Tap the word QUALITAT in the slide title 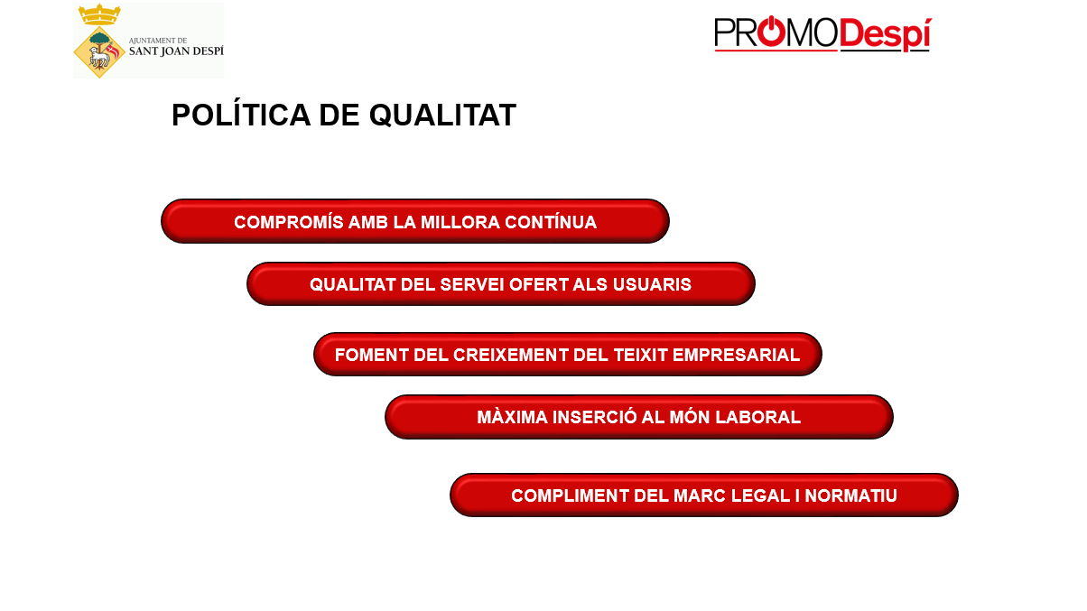[x=442, y=116]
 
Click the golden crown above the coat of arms [x=99, y=14]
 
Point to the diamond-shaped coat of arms [x=99, y=52]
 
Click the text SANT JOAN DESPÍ [x=176, y=51]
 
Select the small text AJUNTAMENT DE [x=158, y=41]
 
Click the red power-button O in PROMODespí [x=772, y=32]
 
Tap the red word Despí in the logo [x=885, y=34]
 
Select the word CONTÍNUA [x=551, y=222]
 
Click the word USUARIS [x=652, y=284]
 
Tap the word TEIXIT [x=641, y=355]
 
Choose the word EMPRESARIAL [x=736, y=355]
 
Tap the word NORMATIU [x=850, y=495]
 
